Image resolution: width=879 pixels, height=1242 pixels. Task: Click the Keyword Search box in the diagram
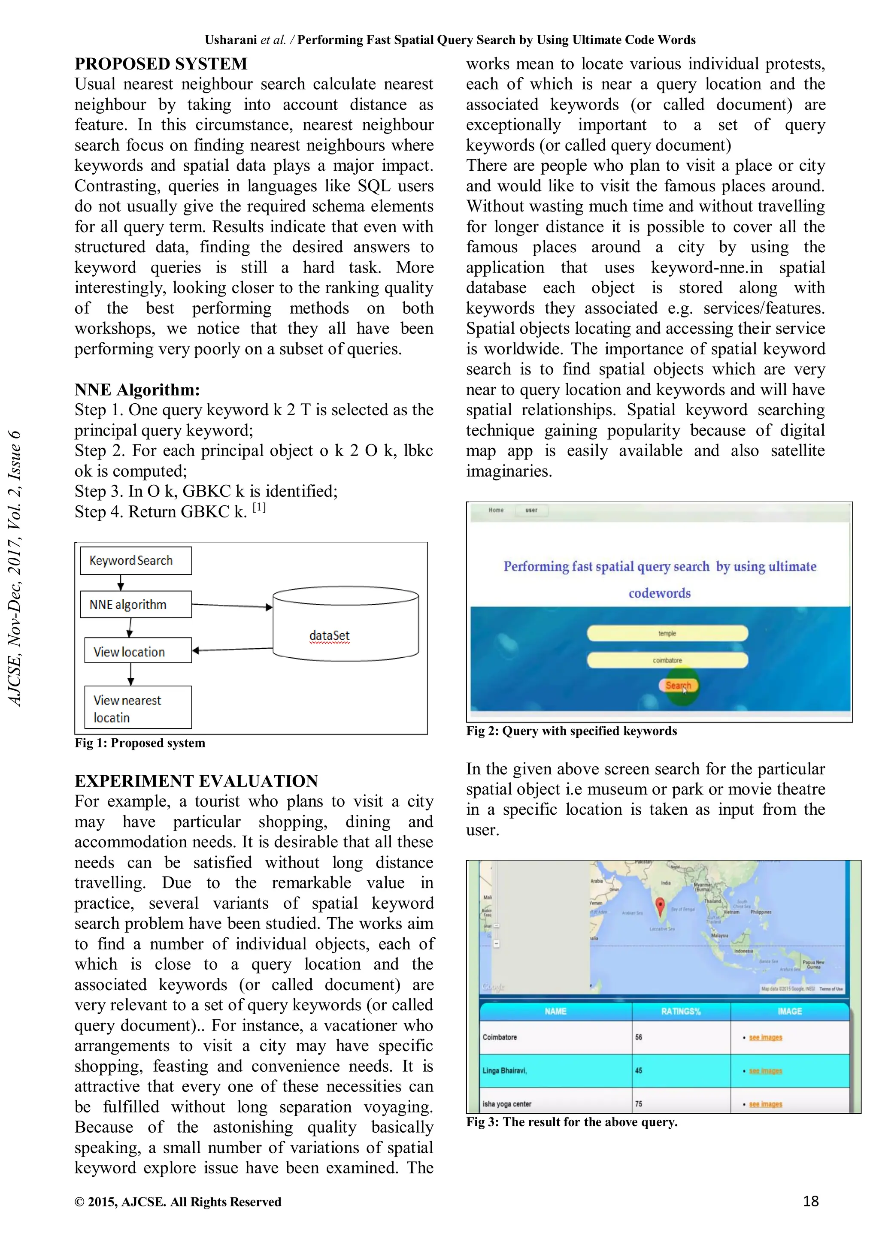[x=135, y=560]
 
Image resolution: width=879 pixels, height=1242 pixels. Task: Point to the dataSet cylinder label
[x=329, y=636]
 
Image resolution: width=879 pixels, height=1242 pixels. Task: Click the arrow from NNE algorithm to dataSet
[x=232, y=606]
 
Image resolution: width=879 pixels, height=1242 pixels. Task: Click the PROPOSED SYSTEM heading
[x=161, y=64]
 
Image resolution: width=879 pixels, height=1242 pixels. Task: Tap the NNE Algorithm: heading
[x=137, y=390]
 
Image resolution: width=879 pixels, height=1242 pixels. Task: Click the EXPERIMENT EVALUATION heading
[x=196, y=780]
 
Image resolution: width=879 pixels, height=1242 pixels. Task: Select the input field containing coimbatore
[x=667, y=660]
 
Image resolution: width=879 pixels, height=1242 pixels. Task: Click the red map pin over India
[x=660, y=906]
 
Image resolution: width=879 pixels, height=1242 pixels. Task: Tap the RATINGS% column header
[x=680, y=1011]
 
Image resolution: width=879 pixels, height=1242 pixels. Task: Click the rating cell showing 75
[x=680, y=1103]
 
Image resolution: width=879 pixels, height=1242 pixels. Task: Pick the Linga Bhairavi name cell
[x=555, y=1070]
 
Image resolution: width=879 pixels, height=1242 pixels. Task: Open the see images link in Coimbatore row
[x=765, y=1037]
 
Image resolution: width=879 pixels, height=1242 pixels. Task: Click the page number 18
[x=810, y=1201]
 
